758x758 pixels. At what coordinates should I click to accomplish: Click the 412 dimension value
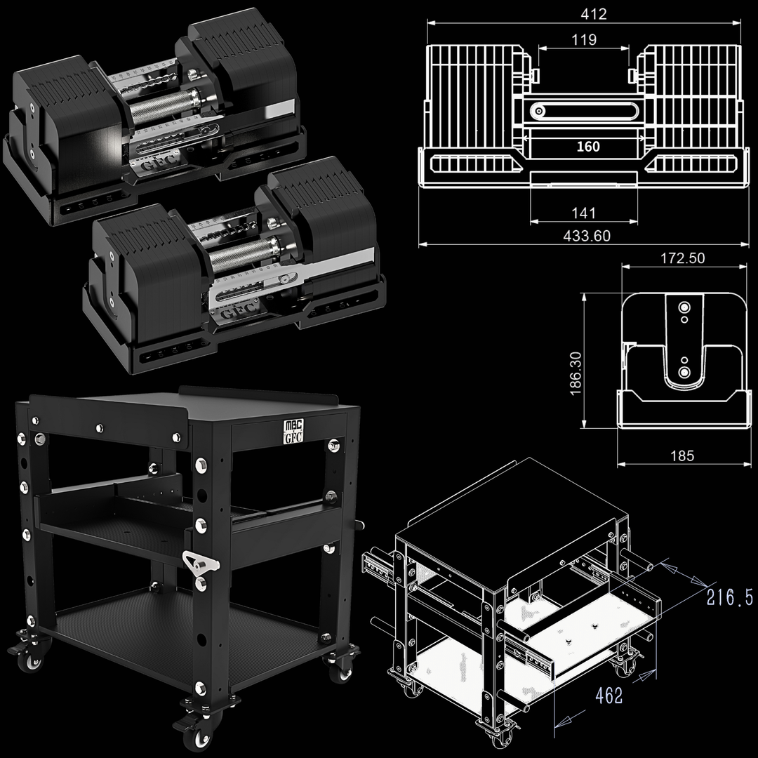pyautogui.click(x=593, y=14)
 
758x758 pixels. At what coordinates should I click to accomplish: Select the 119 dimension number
pyautogui.click(x=584, y=39)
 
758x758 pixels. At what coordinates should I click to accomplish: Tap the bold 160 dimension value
pyautogui.click(x=588, y=147)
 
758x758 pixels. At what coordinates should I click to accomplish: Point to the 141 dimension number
pyautogui.click(x=583, y=213)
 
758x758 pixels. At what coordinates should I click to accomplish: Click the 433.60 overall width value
pyautogui.click(x=587, y=236)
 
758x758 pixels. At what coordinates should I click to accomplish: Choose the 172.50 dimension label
pyautogui.click(x=683, y=258)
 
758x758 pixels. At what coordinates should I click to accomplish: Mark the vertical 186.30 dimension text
pyautogui.click(x=576, y=373)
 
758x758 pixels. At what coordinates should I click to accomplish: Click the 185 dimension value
pyautogui.click(x=682, y=456)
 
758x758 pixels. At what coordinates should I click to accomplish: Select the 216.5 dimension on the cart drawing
pyautogui.click(x=729, y=597)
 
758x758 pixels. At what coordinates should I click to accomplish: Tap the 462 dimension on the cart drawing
pyautogui.click(x=609, y=696)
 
